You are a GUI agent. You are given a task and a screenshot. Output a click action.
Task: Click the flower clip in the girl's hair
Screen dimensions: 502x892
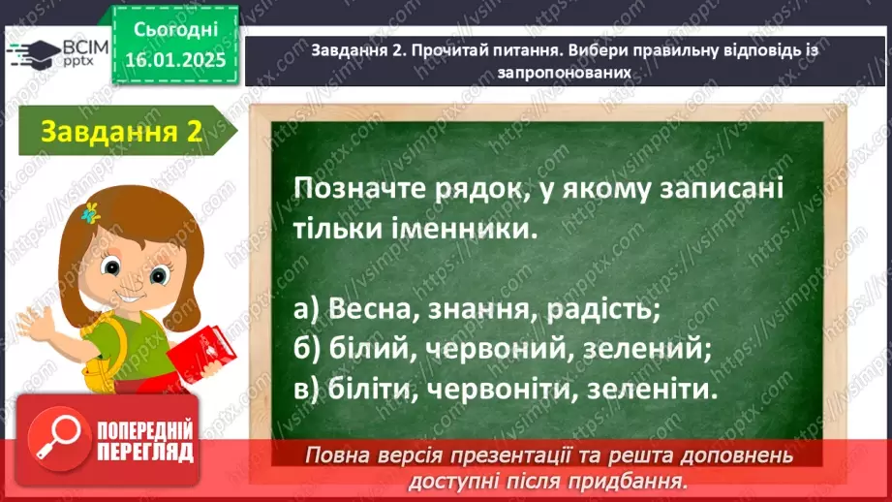[x=91, y=212]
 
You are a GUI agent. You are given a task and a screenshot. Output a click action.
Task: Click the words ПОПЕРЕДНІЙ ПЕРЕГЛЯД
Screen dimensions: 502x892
[x=144, y=442]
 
